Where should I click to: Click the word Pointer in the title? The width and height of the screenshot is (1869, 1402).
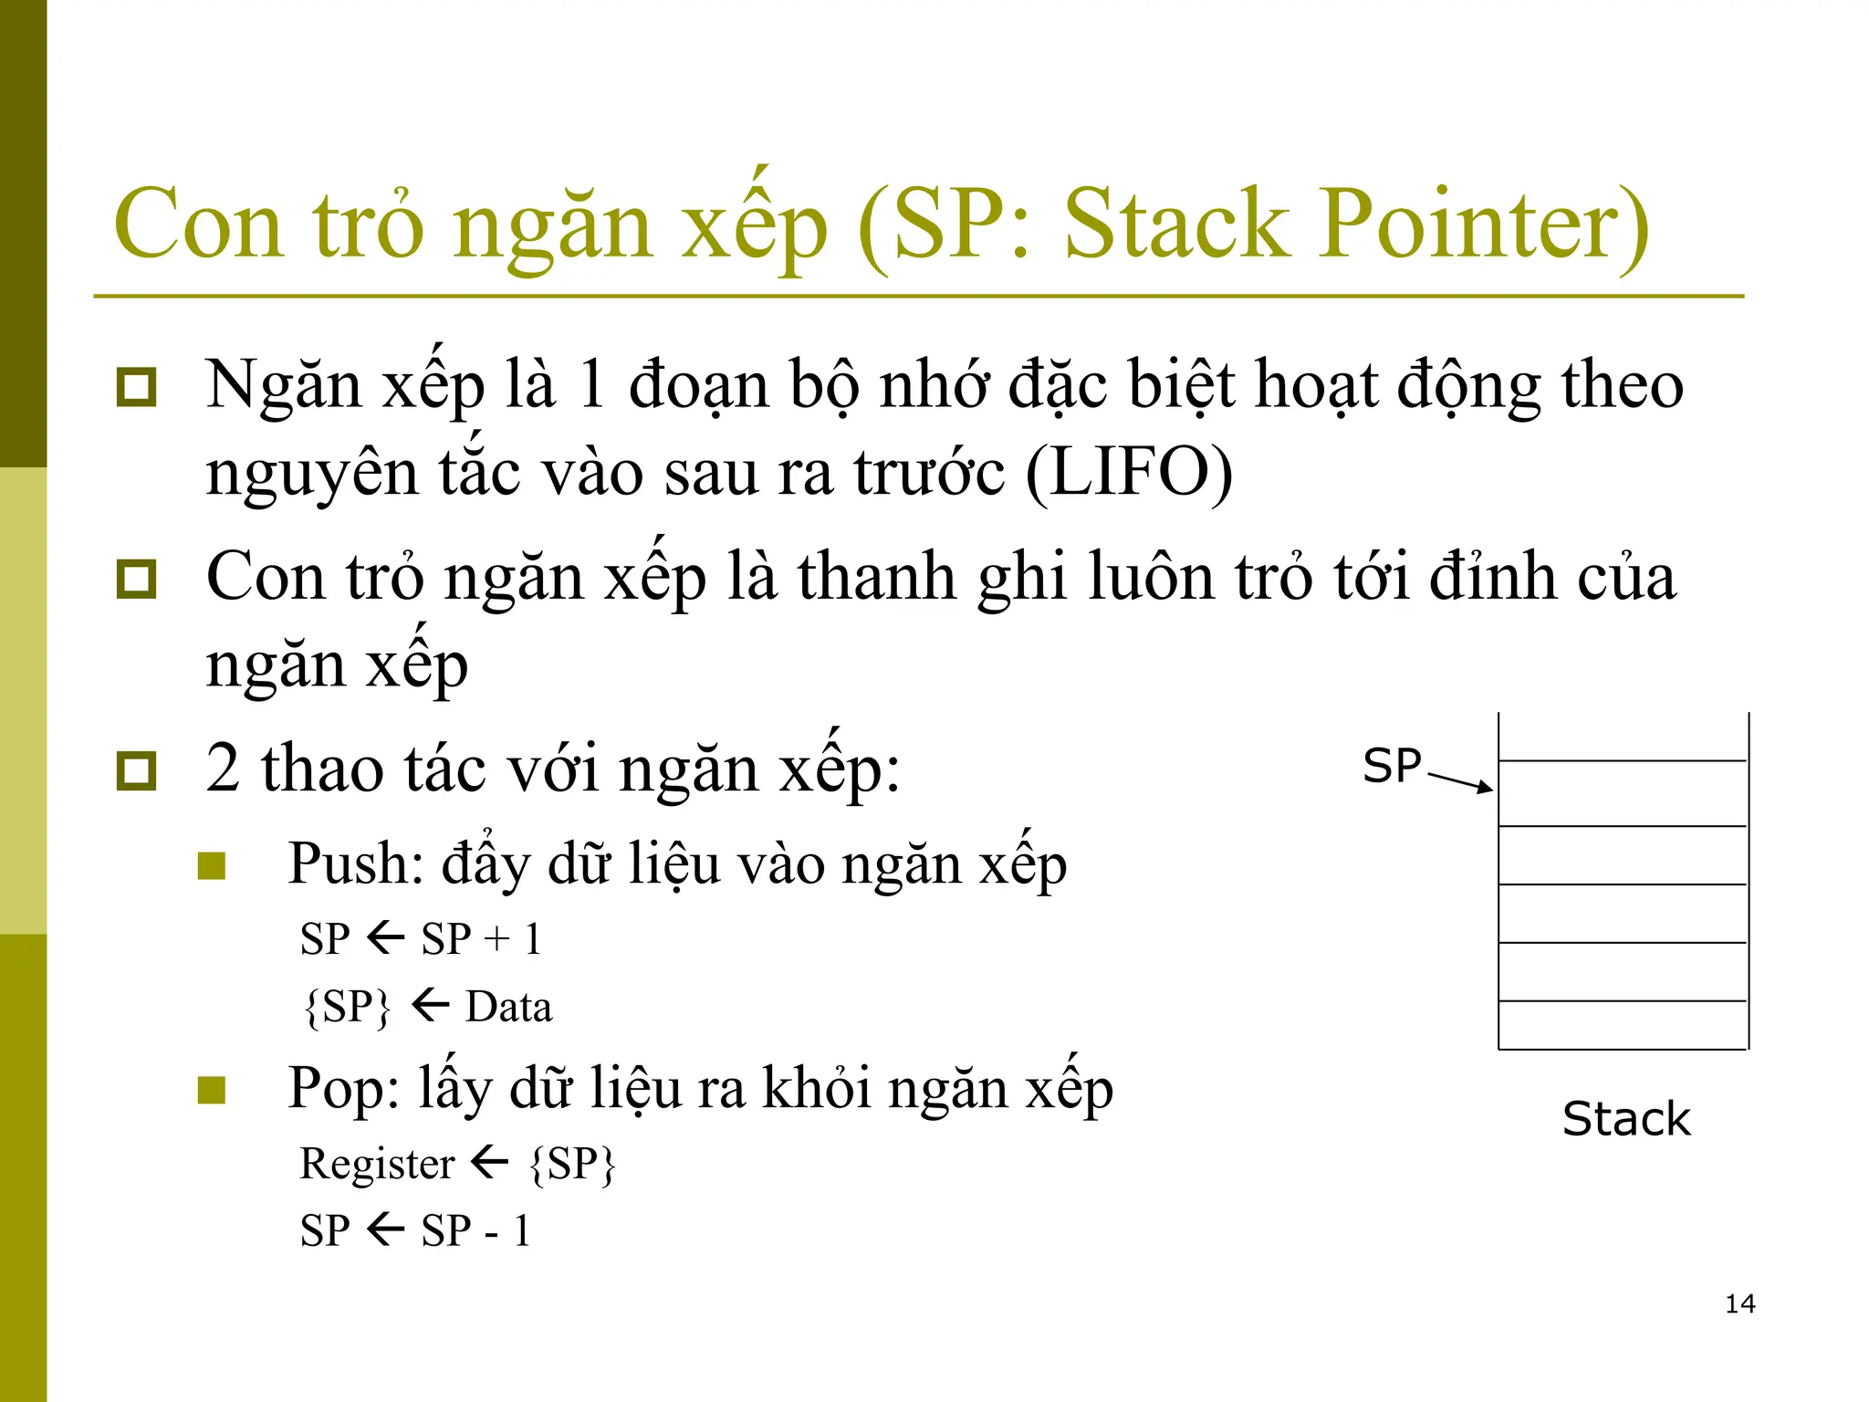[1483, 224]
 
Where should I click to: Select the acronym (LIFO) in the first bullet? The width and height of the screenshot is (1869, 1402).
[1129, 473]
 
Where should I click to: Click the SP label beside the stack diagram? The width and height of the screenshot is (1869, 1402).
[1392, 766]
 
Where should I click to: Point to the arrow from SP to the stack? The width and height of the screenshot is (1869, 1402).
[1460, 782]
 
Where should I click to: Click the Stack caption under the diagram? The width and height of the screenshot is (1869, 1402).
[1626, 1119]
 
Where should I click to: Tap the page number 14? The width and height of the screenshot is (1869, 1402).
[1739, 1303]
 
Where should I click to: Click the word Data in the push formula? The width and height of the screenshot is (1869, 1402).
[508, 1007]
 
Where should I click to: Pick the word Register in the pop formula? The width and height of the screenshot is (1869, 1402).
[377, 1164]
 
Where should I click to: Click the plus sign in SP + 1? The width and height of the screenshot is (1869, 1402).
[497, 939]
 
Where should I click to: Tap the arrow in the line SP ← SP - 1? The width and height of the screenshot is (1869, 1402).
[386, 1229]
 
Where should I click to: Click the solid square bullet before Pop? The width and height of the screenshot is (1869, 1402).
[212, 1089]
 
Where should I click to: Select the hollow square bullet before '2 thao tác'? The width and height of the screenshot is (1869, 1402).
[137, 770]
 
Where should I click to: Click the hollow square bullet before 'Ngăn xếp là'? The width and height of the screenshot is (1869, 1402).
[137, 387]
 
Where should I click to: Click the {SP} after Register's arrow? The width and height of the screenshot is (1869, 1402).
[572, 1164]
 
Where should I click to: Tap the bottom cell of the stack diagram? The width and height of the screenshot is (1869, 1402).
[1623, 1025]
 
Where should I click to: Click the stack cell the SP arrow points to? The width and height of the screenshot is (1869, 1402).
[1623, 793]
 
